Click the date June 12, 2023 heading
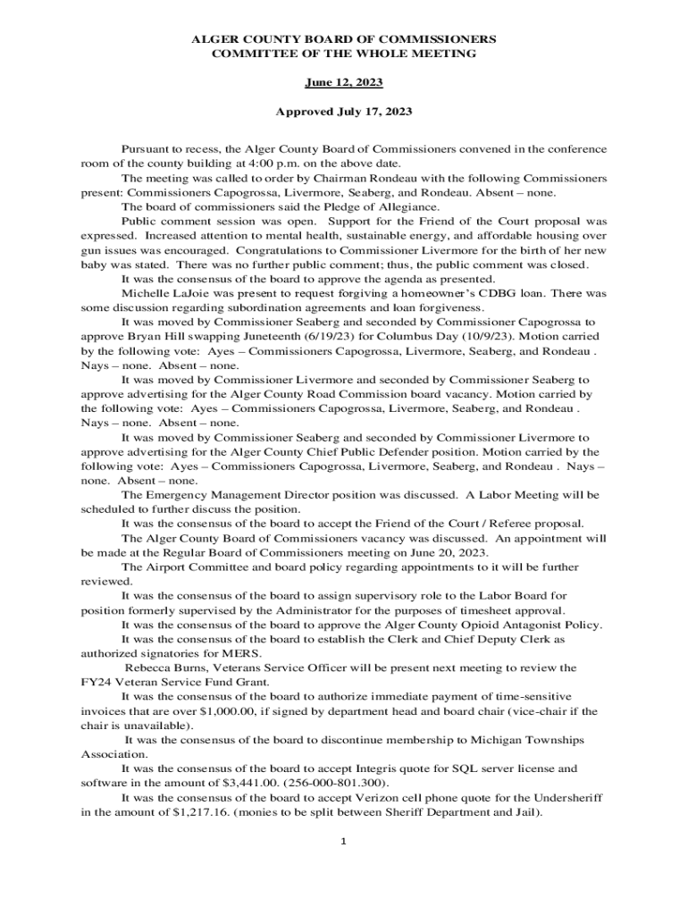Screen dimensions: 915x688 click(344, 82)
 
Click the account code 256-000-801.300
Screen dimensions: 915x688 click(331, 783)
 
